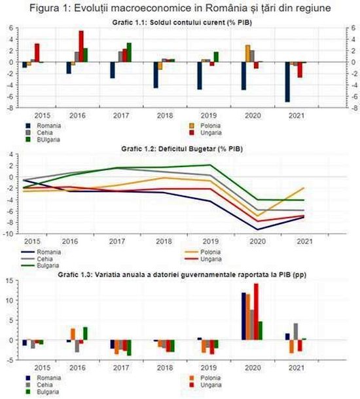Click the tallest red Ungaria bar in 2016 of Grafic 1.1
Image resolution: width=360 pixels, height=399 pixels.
(x=81, y=47)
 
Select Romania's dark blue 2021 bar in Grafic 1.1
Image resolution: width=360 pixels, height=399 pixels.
(x=287, y=82)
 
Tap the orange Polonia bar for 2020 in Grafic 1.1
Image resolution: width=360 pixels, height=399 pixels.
(x=247, y=54)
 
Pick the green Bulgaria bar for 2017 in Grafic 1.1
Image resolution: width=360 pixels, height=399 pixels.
(x=129, y=52)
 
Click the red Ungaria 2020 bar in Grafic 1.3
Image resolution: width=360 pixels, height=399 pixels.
(x=256, y=312)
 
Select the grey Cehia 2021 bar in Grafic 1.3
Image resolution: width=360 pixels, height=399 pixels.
(x=296, y=332)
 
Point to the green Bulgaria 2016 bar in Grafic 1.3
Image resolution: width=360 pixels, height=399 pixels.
(x=85, y=333)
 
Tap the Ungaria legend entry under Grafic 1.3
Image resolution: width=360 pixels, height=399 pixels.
(x=206, y=385)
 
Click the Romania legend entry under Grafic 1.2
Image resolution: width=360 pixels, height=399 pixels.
(x=41, y=252)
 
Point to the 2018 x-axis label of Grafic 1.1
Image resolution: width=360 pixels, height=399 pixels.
(x=165, y=115)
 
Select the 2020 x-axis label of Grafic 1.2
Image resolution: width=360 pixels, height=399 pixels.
(x=257, y=241)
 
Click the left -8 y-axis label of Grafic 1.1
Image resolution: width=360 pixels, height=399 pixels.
(x=10, y=107)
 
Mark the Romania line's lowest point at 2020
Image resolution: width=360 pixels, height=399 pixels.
(x=257, y=229)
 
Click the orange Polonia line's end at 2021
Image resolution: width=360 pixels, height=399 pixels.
(x=304, y=188)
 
